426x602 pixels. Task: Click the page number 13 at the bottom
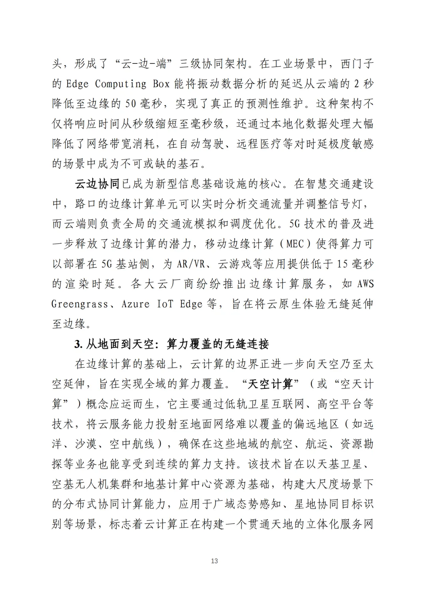tap(214, 561)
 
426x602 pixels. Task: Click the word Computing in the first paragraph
tap(121, 84)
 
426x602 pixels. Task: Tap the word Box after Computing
tap(161, 84)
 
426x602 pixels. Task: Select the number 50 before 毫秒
tap(131, 104)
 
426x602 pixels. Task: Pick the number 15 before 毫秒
tap(343, 264)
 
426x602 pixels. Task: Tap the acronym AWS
tap(365, 284)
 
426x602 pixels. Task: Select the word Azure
tap(135, 304)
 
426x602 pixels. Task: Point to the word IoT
tap(165, 304)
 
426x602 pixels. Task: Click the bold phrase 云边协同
tap(97, 184)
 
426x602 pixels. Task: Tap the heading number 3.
tap(77, 344)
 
